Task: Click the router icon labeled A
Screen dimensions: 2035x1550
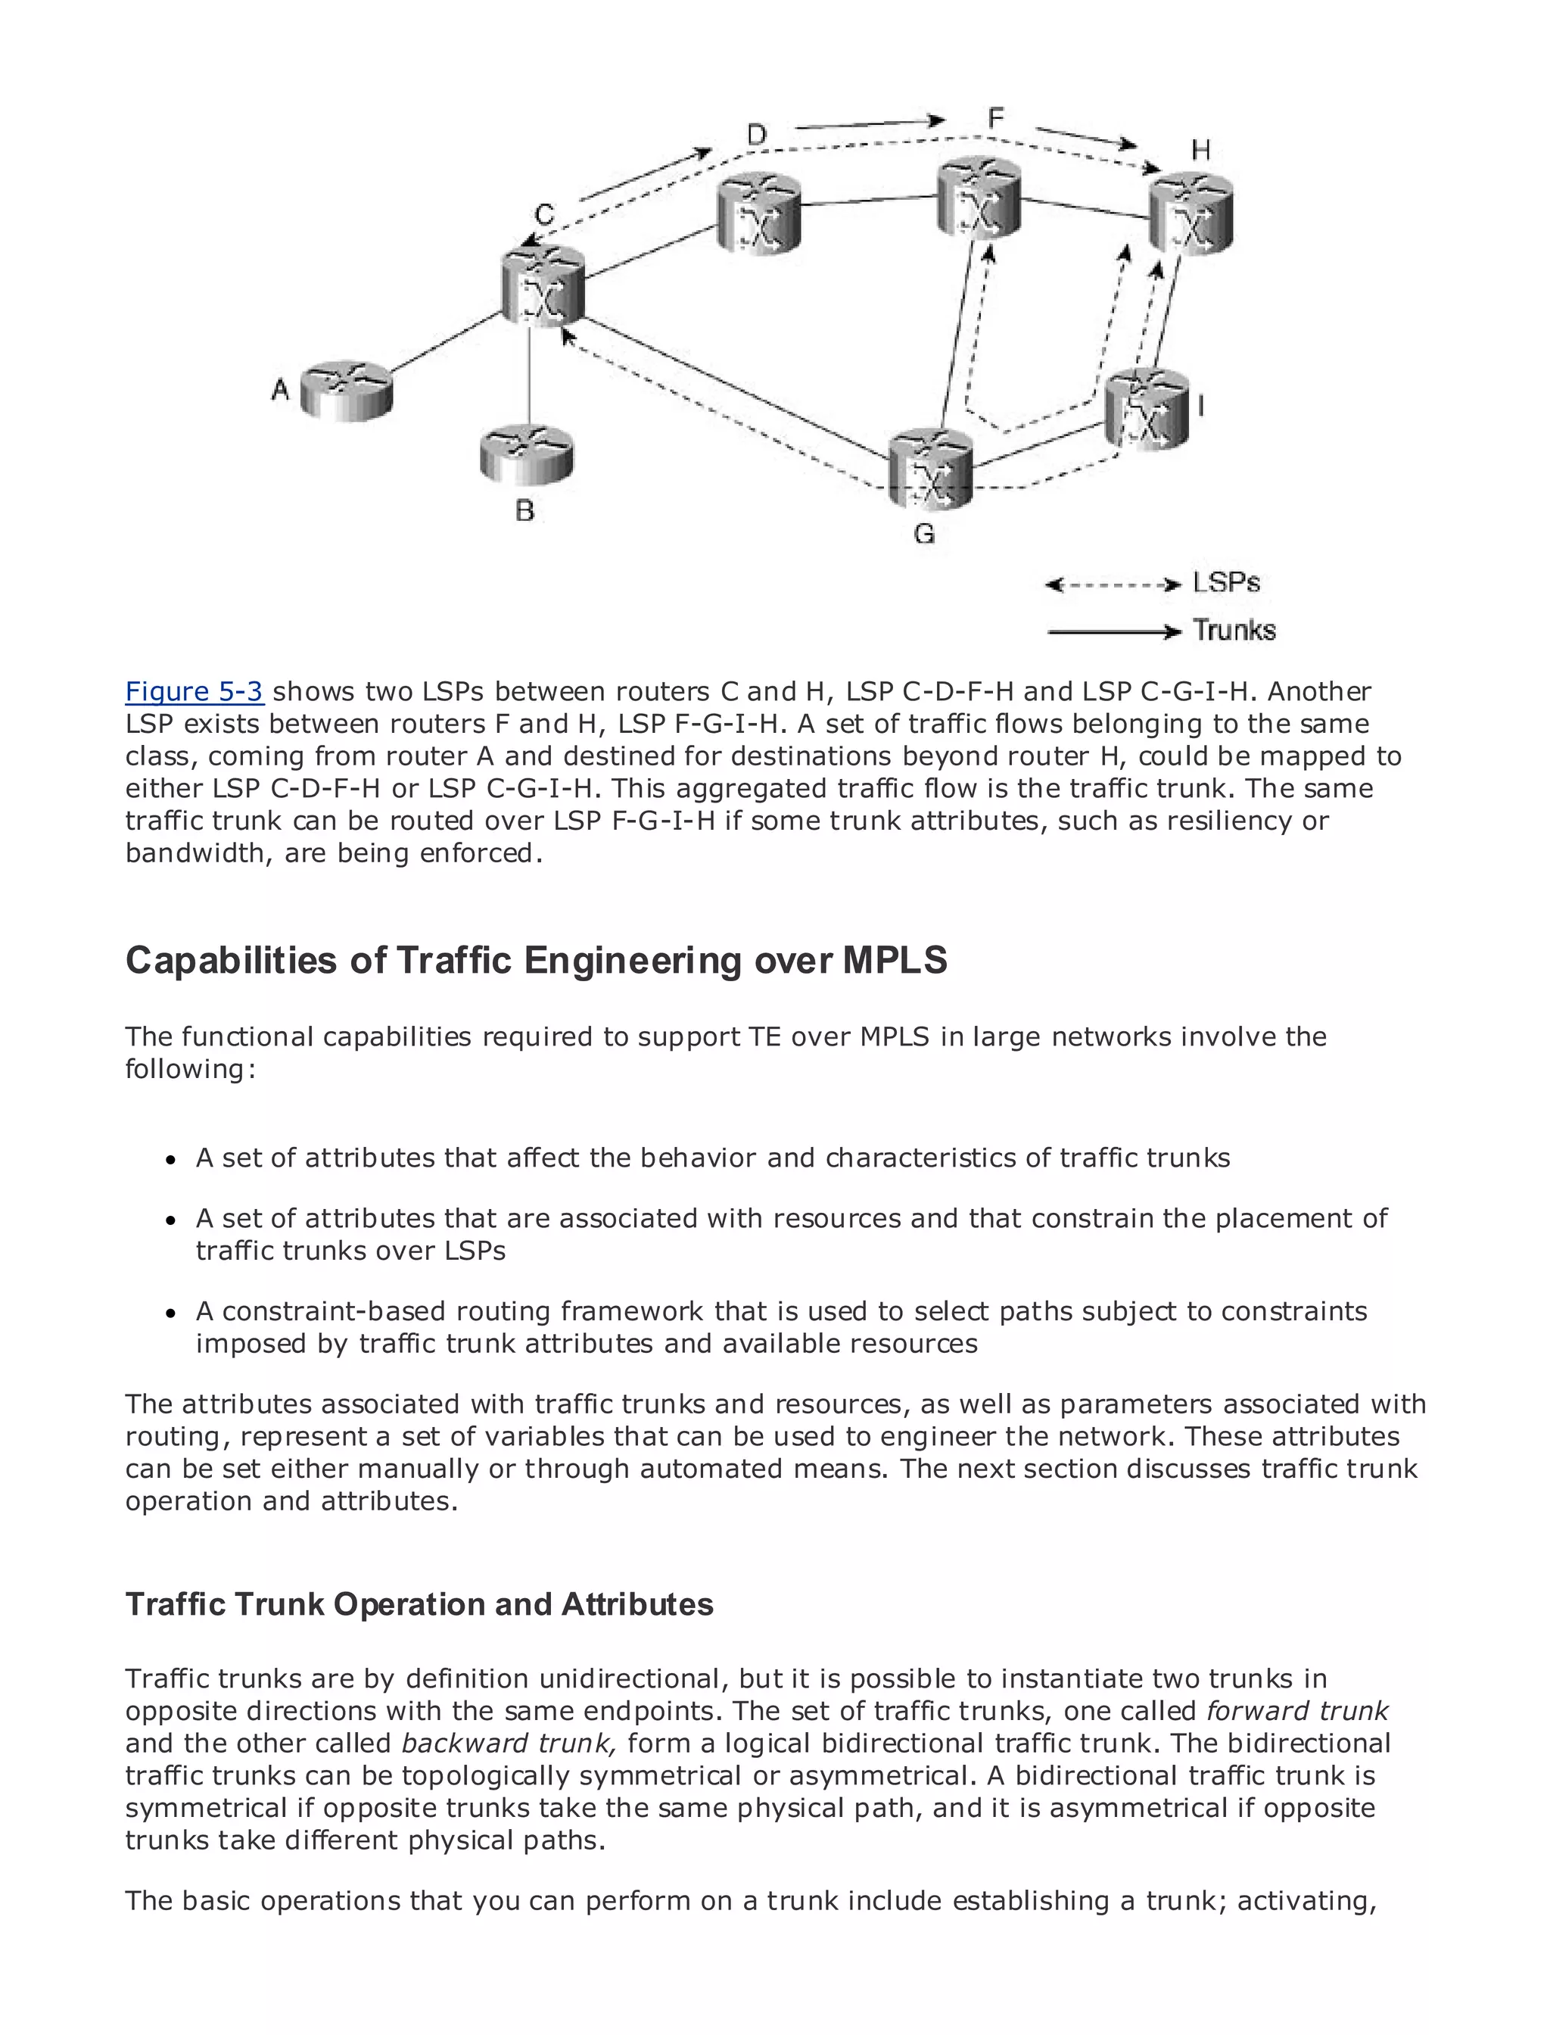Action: coord(347,391)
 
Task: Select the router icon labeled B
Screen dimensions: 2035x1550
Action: coord(527,454)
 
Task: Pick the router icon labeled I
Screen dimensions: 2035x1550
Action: coord(1147,409)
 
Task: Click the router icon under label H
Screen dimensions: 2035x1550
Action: coord(1191,214)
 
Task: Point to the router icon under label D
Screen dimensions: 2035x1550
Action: coord(758,214)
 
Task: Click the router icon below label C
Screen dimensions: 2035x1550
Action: coord(543,286)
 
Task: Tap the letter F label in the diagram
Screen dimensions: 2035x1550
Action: coord(995,118)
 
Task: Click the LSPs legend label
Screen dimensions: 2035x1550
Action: coord(1226,582)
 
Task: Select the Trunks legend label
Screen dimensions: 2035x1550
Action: coord(1234,631)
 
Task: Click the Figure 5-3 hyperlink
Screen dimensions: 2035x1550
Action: coord(195,691)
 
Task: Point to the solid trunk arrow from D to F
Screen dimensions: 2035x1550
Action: coord(869,123)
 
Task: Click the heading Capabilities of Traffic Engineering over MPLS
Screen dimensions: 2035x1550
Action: coord(536,960)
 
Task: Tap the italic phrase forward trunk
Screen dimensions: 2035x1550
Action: coord(1297,1711)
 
